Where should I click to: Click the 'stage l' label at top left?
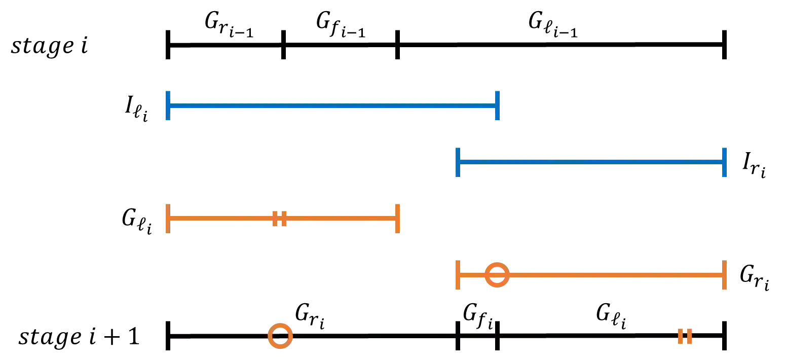pyautogui.click(x=49, y=50)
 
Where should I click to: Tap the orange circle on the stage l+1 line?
pyautogui.click(x=280, y=336)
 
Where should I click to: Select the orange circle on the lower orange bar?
pyautogui.click(x=496, y=275)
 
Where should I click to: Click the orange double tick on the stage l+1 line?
pyautogui.click(x=685, y=336)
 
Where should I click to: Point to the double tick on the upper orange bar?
pyautogui.click(x=280, y=219)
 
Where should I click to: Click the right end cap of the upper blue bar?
pyautogui.click(x=499, y=105)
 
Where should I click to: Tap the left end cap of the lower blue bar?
pyautogui.click(x=458, y=162)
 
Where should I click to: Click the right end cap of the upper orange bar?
pyautogui.click(x=398, y=219)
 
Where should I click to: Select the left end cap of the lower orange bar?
pyautogui.click(x=458, y=275)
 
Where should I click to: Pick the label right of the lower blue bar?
pyautogui.click(x=753, y=165)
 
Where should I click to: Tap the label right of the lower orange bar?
pyautogui.click(x=754, y=278)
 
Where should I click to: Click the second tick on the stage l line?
pyautogui.click(x=283, y=45)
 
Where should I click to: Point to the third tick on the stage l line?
pyautogui.click(x=396, y=45)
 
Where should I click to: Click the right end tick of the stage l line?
pyautogui.click(x=726, y=45)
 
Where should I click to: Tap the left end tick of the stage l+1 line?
pyautogui.click(x=166, y=336)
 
